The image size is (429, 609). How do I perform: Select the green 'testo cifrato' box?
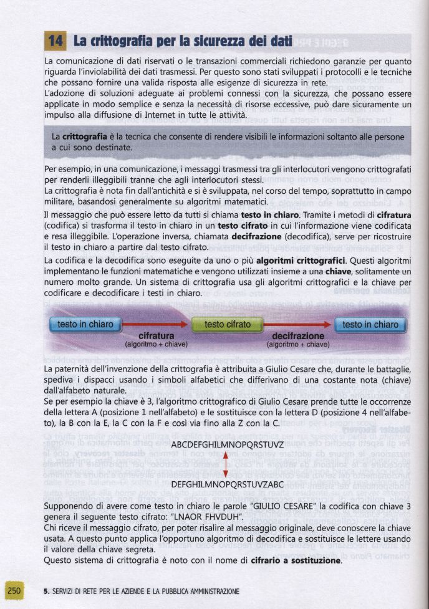click(x=228, y=325)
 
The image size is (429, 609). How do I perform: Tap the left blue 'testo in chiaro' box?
click(x=85, y=325)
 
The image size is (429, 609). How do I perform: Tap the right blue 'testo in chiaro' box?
click(x=370, y=325)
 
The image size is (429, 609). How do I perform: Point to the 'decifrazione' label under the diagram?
click(x=297, y=335)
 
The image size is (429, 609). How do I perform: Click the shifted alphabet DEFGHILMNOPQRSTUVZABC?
click(x=227, y=484)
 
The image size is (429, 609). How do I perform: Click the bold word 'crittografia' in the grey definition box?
click(x=84, y=136)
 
